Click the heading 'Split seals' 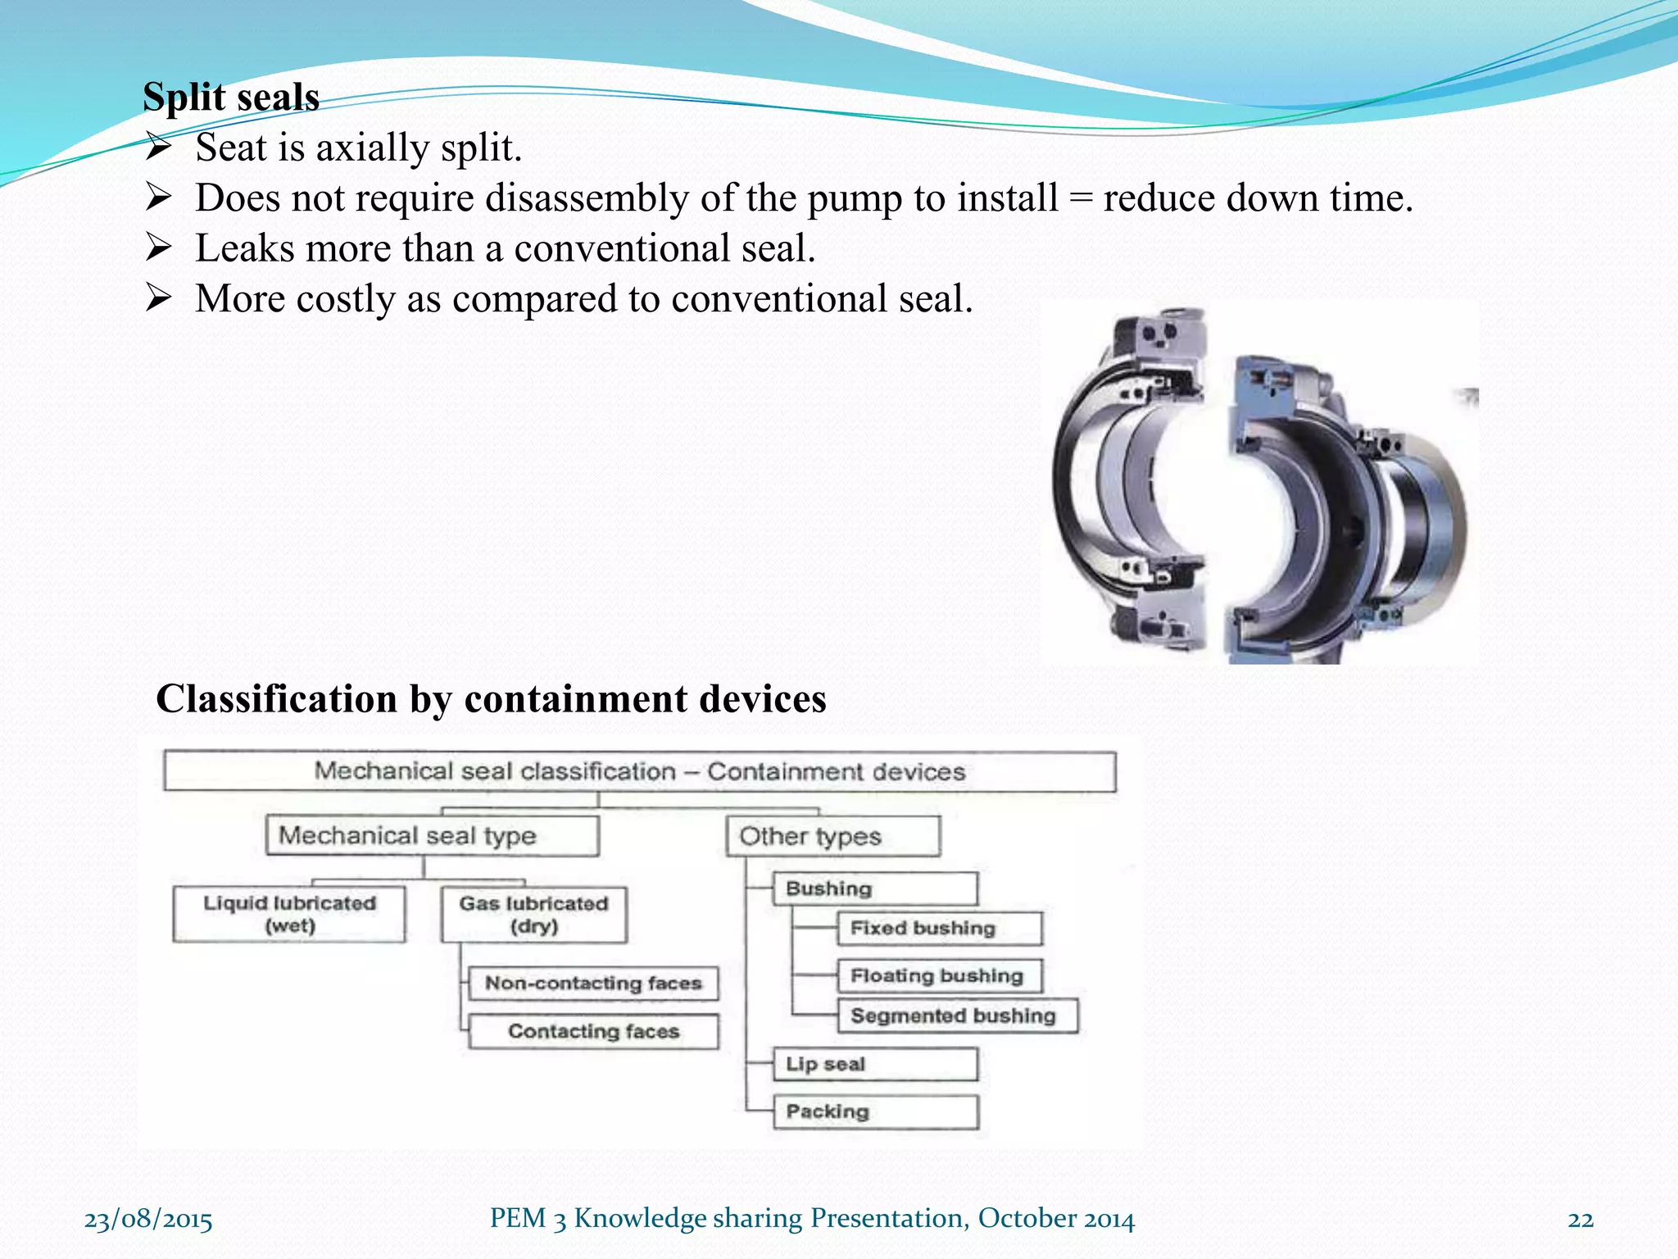[230, 97]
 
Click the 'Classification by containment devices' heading [491, 699]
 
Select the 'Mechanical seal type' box [432, 836]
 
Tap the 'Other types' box [832, 836]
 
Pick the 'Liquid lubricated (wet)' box [289, 915]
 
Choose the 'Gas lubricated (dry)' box [533, 915]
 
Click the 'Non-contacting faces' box [593, 984]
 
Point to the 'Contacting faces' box [593, 1031]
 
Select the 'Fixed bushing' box [939, 929]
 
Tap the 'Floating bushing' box [939, 976]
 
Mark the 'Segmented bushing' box [957, 1016]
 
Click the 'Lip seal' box [875, 1064]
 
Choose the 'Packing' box [875, 1112]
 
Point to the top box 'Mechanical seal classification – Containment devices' [639, 771]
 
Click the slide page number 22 [1580, 1220]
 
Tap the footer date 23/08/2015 [148, 1220]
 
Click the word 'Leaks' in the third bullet [244, 248]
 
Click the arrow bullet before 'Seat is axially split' [158, 148]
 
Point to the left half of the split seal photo [1131, 484]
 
